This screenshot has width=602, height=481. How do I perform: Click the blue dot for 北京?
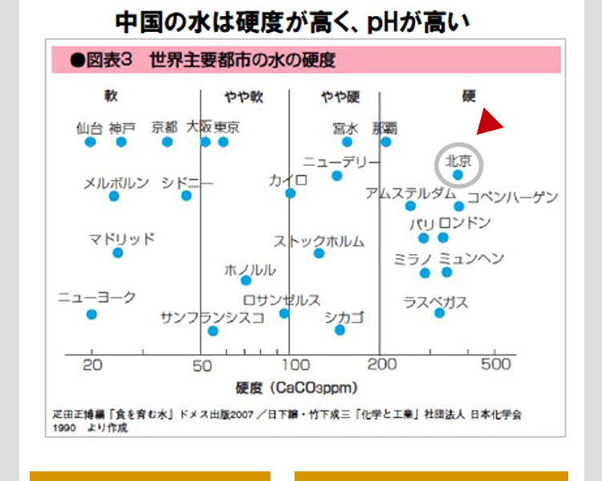click(458, 174)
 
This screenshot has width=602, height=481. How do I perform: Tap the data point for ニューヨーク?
click(92, 314)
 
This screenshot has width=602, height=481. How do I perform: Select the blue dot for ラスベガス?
click(439, 313)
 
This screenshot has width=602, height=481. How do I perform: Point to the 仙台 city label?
click(89, 127)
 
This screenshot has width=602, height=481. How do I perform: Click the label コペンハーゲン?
click(512, 197)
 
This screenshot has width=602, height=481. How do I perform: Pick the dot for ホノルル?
click(246, 280)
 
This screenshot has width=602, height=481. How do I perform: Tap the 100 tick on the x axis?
click(290, 365)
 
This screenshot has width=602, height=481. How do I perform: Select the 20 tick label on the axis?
click(92, 365)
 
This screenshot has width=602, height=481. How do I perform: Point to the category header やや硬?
click(340, 97)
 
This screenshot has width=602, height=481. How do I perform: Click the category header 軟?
click(111, 96)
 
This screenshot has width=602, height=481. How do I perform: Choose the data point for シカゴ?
click(340, 329)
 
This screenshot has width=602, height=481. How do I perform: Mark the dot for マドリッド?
click(118, 253)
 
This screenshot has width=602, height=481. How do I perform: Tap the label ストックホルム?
click(319, 240)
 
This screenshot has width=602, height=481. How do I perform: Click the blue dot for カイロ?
click(291, 193)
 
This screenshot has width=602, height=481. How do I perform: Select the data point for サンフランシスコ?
click(213, 330)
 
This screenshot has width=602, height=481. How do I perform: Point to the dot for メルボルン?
click(114, 196)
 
